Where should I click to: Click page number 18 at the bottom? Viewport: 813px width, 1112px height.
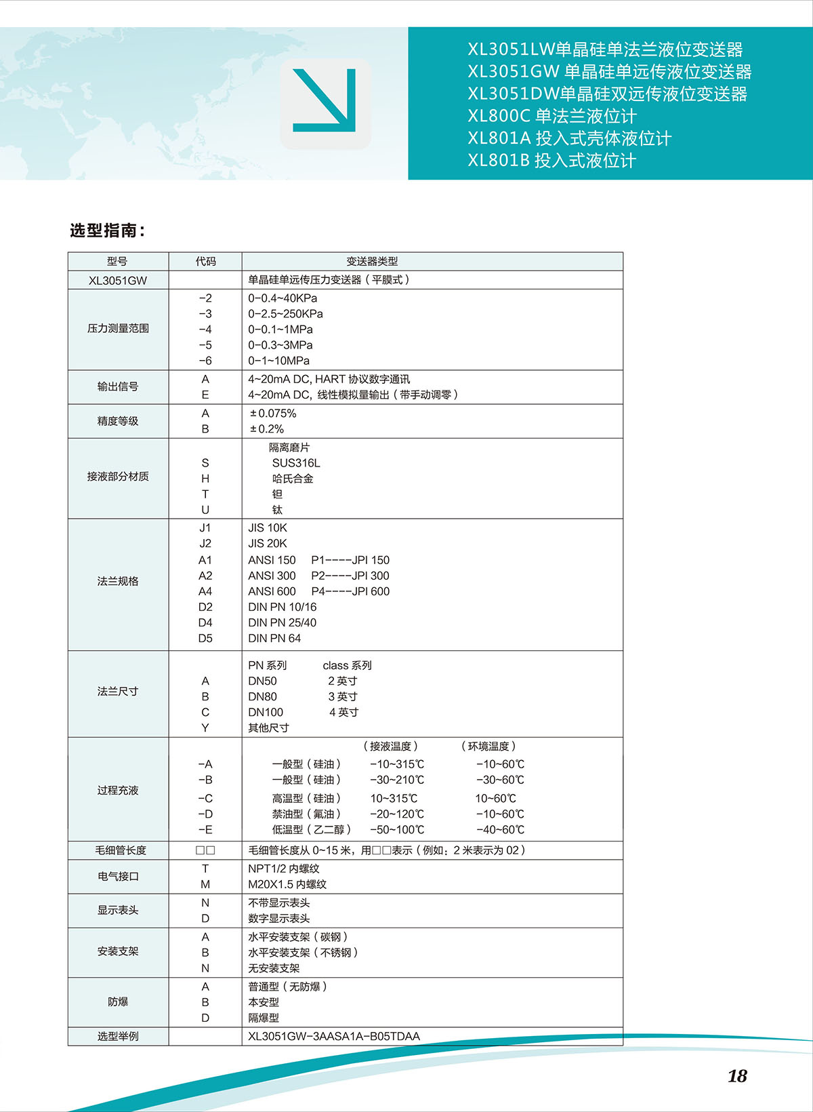[737, 1076]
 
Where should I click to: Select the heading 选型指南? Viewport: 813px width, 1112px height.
[107, 231]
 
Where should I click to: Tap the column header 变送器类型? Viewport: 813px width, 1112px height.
[372, 261]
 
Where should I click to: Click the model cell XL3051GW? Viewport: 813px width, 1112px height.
[118, 280]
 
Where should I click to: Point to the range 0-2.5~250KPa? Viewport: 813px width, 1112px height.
[285, 314]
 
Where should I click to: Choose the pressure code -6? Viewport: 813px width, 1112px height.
[205, 361]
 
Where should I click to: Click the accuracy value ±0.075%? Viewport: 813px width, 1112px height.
[273, 414]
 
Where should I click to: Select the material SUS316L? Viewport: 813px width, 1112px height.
[296, 463]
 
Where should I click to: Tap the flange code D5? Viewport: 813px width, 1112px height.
[205, 638]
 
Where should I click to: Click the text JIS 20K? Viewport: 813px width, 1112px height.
[268, 543]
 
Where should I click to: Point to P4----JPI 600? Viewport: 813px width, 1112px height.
[350, 591]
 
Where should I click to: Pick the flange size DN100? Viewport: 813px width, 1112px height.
[266, 712]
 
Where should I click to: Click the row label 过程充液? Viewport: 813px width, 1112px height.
[118, 790]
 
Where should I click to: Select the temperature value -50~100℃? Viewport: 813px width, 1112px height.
[397, 829]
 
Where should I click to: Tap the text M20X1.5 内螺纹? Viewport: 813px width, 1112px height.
[287, 884]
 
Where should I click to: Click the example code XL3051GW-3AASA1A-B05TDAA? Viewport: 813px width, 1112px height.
[334, 1036]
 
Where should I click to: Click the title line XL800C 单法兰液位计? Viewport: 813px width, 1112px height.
[552, 116]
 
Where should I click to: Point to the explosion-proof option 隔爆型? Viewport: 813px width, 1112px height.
[264, 1018]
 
